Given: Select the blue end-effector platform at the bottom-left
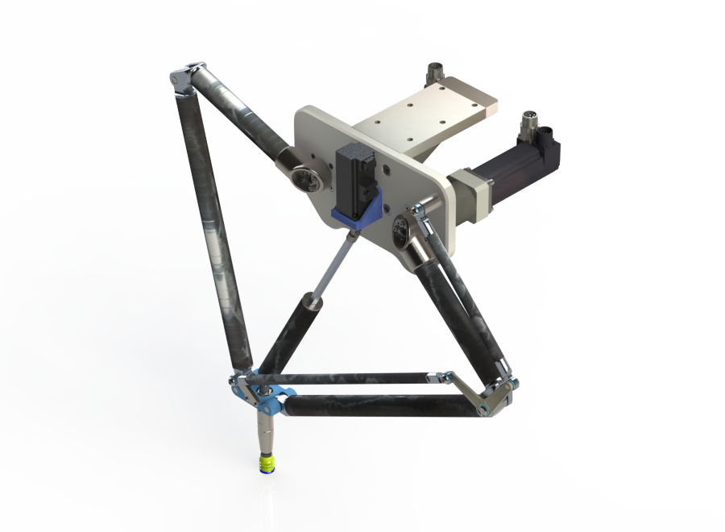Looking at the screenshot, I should [262, 395].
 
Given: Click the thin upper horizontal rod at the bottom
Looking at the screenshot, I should [346, 378].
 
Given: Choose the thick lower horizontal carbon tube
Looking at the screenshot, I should [379, 405].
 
